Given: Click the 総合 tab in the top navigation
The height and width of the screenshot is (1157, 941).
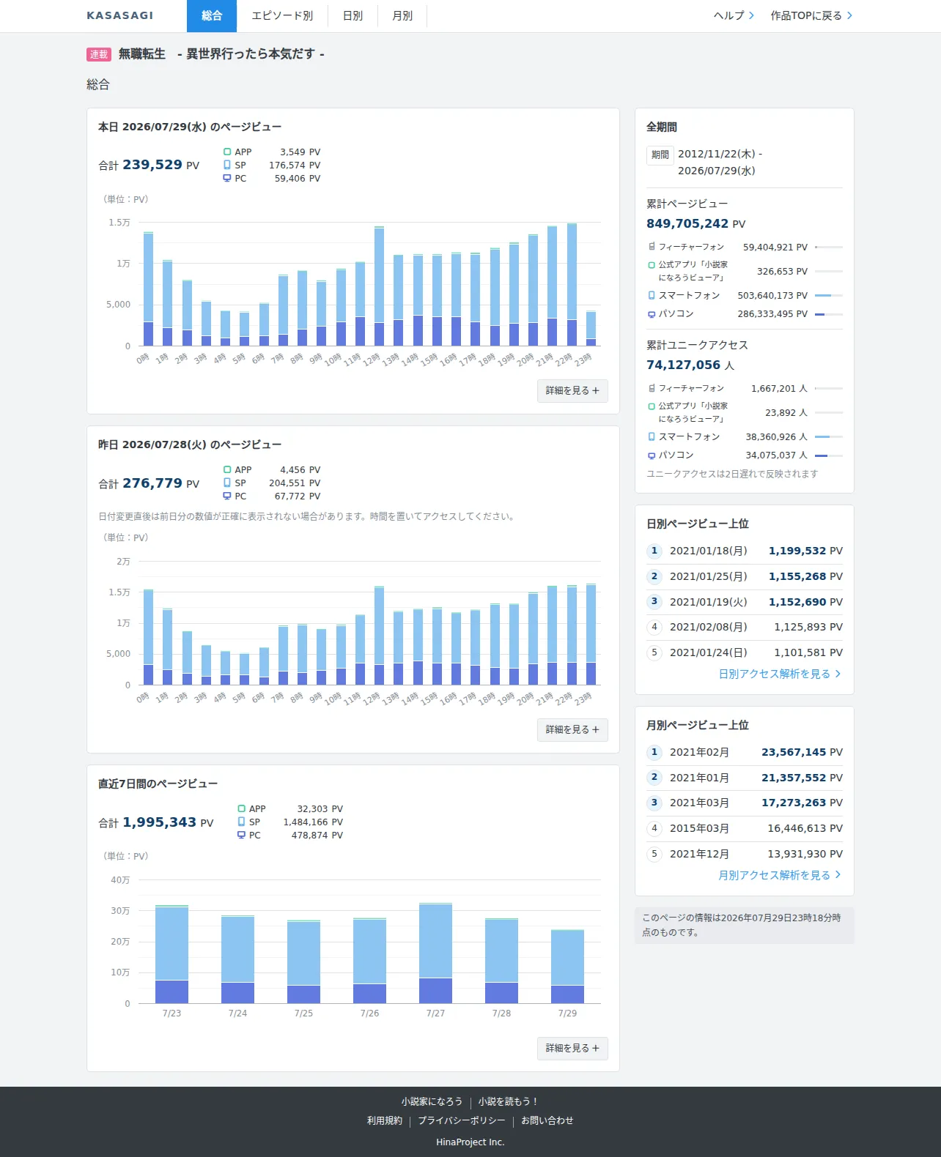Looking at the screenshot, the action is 212,16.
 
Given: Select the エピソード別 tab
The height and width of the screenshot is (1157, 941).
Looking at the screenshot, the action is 282,16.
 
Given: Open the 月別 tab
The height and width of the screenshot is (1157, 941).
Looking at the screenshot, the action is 402,16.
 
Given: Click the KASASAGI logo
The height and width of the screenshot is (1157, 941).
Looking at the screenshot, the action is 120,16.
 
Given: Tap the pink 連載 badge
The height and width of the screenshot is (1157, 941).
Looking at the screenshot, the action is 99,54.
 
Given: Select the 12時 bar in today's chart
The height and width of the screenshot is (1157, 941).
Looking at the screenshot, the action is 379,286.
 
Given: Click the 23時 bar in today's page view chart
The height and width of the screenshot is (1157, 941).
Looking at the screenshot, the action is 591,328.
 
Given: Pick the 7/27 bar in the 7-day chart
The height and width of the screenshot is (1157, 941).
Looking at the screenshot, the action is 435,953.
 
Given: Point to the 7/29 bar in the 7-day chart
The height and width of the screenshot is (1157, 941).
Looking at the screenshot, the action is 567,967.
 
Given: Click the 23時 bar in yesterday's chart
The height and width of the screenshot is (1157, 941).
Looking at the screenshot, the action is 591,634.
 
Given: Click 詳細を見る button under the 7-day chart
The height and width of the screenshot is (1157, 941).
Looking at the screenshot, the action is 572,1048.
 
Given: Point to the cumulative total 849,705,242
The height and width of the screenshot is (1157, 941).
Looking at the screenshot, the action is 687,223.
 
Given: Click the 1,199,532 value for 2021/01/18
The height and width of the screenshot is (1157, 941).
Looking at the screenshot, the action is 797,550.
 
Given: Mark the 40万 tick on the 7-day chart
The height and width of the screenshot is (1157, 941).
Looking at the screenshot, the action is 120,879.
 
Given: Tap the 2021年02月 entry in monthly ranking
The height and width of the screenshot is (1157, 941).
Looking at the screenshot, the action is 699,752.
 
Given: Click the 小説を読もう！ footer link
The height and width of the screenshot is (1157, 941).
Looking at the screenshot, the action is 508,1101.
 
